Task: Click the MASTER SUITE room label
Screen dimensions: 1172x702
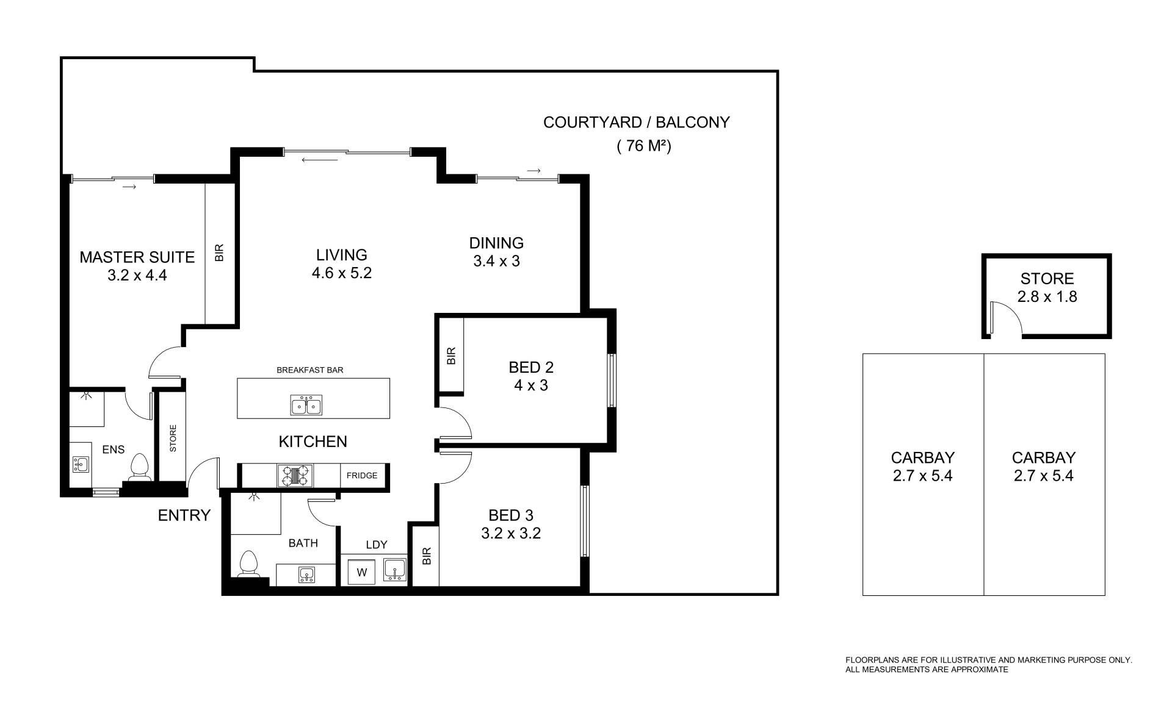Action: point(137,257)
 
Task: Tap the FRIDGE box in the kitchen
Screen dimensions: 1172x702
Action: point(362,476)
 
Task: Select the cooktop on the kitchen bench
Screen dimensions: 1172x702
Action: point(295,476)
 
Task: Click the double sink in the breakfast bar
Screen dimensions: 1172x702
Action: point(306,405)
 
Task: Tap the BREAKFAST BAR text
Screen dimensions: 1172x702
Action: point(310,370)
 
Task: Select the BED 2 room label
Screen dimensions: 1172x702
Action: point(531,367)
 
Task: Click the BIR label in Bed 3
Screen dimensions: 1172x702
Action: point(427,556)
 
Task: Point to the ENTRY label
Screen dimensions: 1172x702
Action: point(184,515)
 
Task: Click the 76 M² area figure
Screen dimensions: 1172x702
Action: point(644,146)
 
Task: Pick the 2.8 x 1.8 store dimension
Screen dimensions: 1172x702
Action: point(1047,297)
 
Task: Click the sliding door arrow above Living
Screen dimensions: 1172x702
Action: point(319,160)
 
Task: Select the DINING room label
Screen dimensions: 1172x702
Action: point(496,243)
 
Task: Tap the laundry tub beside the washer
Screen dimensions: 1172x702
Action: point(394,570)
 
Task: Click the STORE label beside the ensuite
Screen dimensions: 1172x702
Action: point(173,439)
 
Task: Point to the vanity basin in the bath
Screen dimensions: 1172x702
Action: point(306,575)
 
